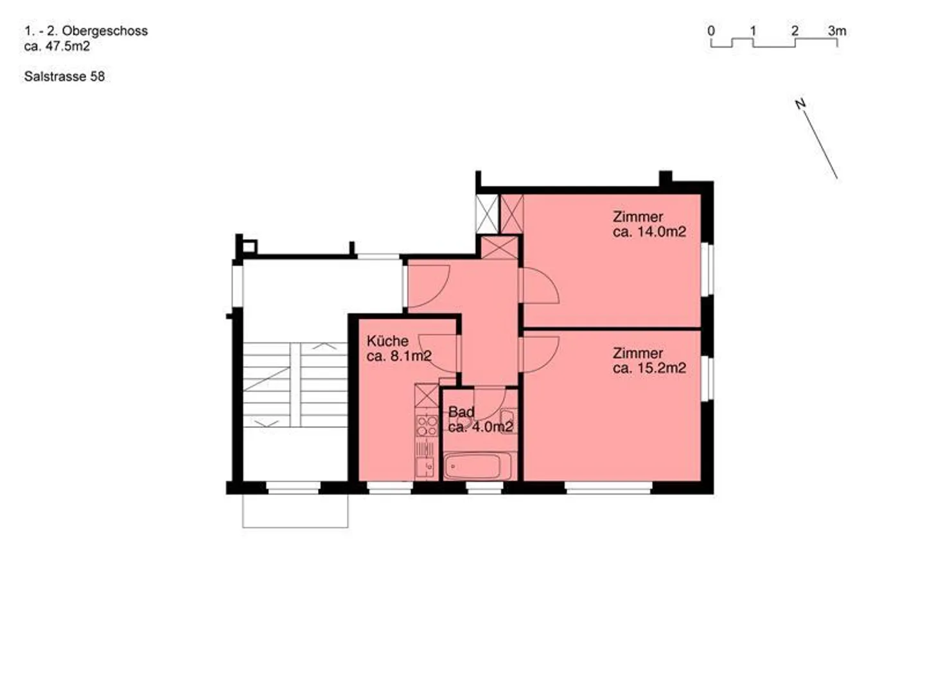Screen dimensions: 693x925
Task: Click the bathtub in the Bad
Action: pos(477,466)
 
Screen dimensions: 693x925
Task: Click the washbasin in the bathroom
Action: pos(509,421)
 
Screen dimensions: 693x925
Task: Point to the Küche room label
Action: pos(387,341)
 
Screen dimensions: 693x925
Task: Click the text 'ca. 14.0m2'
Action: pos(649,232)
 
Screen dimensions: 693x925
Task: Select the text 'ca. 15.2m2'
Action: pos(649,368)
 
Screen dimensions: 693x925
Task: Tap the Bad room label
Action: pos(461,412)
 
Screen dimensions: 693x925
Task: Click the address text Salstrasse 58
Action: pos(64,76)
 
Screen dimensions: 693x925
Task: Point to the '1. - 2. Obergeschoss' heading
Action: pos(86,31)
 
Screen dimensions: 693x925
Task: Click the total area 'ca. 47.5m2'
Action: pos(57,46)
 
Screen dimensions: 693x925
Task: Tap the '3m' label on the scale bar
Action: pos(836,31)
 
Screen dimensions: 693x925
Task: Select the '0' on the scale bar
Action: pos(711,31)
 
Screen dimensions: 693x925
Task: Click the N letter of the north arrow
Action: pos(800,104)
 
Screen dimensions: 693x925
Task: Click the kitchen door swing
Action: pos(441,353)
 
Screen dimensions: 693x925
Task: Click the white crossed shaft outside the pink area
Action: pos(487,214)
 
